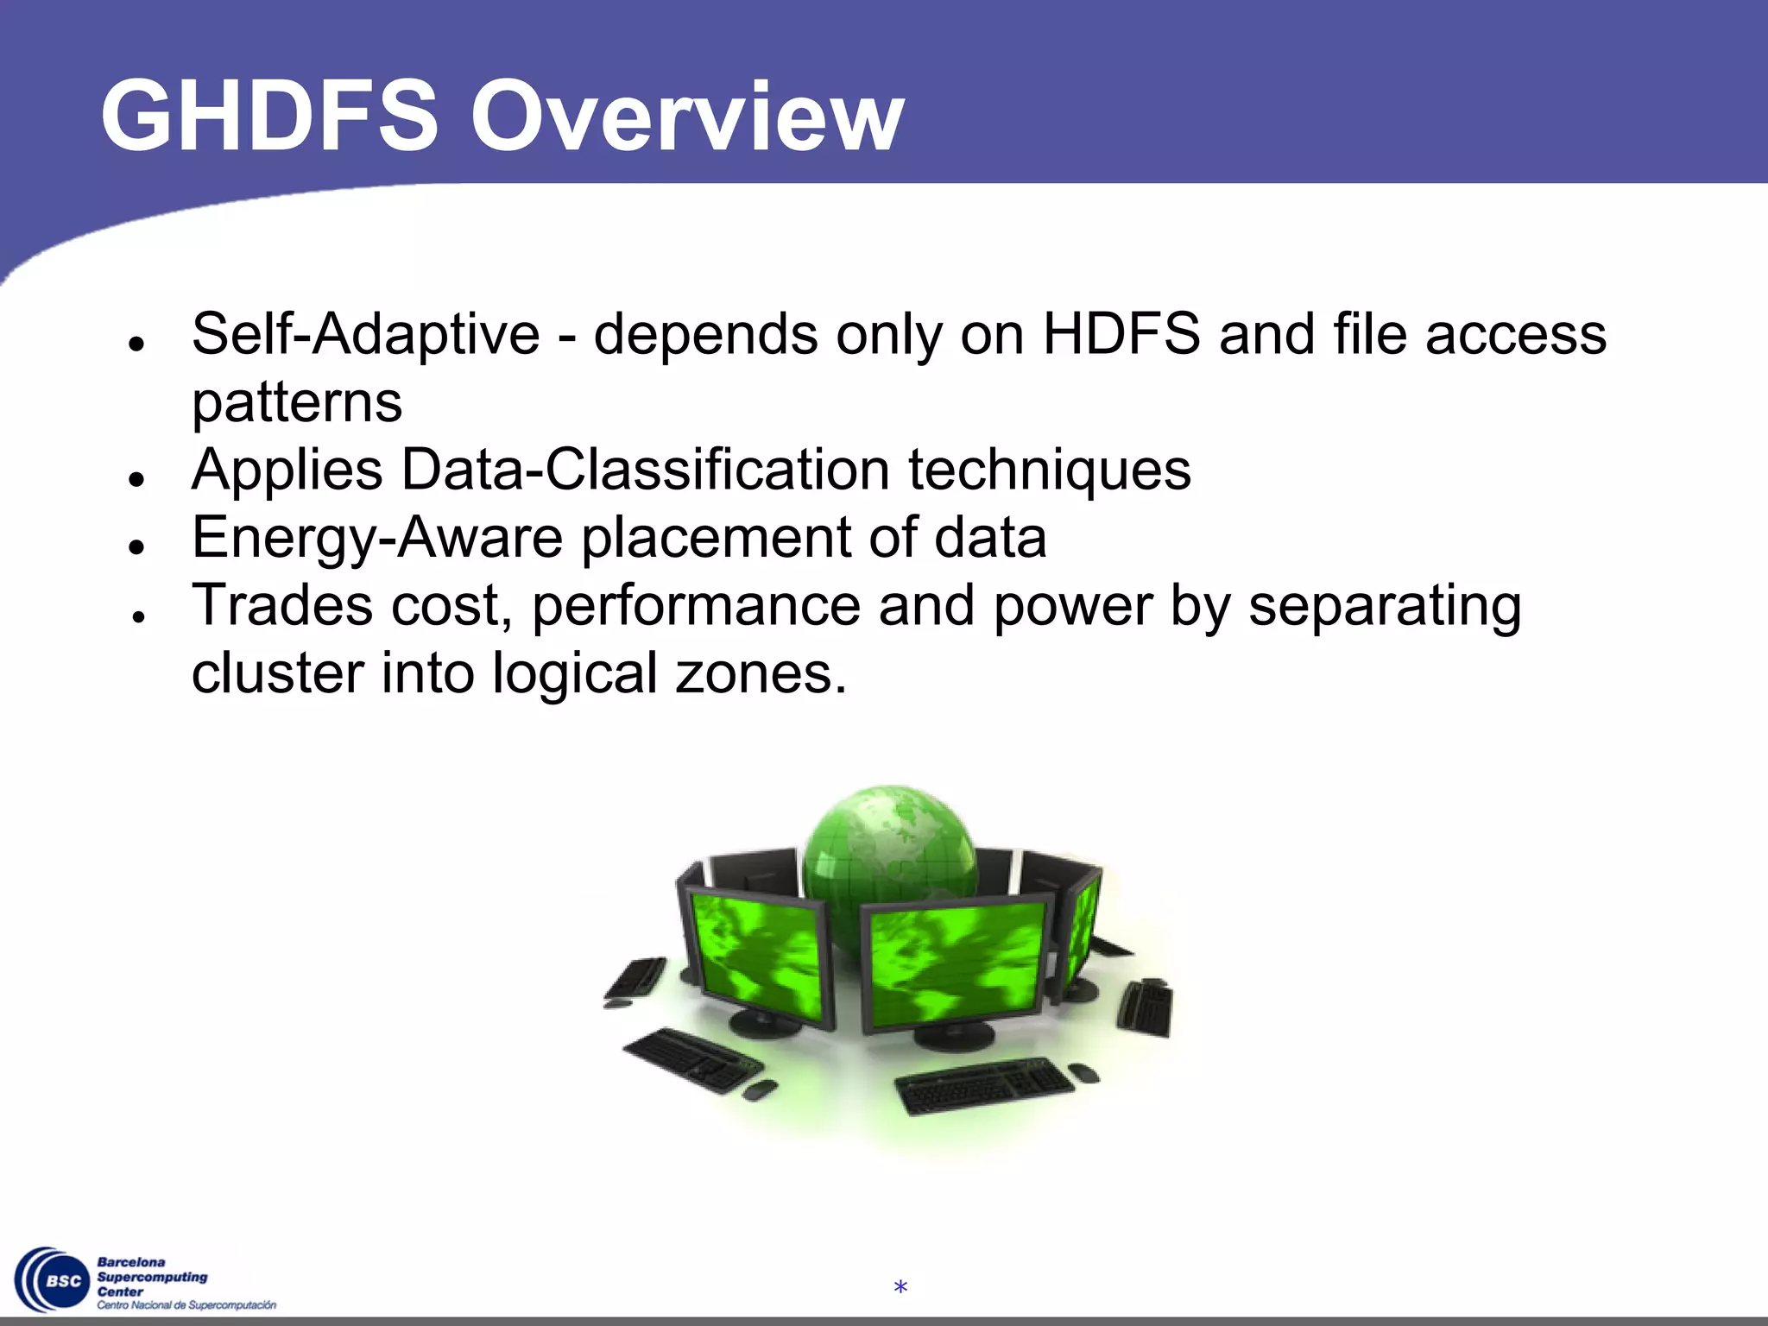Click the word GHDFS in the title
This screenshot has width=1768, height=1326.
point(268,116)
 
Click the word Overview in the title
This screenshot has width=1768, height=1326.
point(686,116)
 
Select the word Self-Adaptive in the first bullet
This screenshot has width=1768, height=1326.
point(365,334)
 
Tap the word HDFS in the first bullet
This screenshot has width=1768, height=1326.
point(1121,334)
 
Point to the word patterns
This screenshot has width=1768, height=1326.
point(296,402)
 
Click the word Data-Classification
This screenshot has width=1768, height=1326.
point(645,470)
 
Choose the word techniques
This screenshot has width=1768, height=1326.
point(1049,470)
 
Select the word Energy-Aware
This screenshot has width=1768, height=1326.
point(377,538)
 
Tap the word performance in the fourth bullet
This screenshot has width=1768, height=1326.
point(696,607)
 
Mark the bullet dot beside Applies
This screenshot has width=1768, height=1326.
point(136,479)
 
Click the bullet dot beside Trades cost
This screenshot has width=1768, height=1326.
point(136,615)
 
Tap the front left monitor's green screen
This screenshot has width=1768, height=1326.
point(758,954)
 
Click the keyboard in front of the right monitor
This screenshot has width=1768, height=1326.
point(984,1084)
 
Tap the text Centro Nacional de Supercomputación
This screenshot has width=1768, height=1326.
point(186,1305)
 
